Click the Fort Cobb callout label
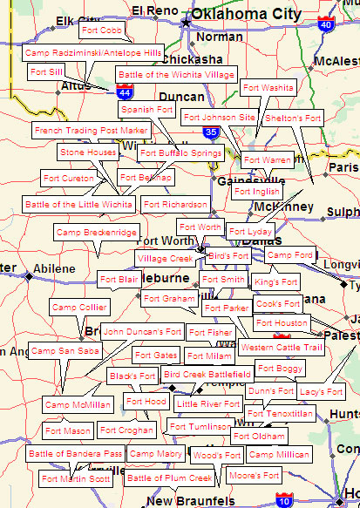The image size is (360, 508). tap(101, 30)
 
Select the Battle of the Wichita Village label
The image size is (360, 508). tap(176, 75)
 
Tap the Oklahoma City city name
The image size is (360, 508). tap(248, 15)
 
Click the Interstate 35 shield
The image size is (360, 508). tap(211, 132)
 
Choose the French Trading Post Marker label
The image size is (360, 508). tap(92, 130)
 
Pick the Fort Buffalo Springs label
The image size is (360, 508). tap(180, 153)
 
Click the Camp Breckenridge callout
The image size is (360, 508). tap(97, 233)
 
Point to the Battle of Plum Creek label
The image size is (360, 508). tap(169, 478)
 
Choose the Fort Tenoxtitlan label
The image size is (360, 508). tap(280, 413)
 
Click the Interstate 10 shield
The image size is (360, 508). tap(283, 499)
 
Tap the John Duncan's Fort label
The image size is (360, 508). tap(142, 331)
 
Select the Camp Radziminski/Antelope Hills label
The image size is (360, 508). tap(93, 53)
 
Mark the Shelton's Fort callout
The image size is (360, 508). tap(293, 118)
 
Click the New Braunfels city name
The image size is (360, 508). tap(190, 501)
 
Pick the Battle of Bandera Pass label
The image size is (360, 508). tap(76, 454)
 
